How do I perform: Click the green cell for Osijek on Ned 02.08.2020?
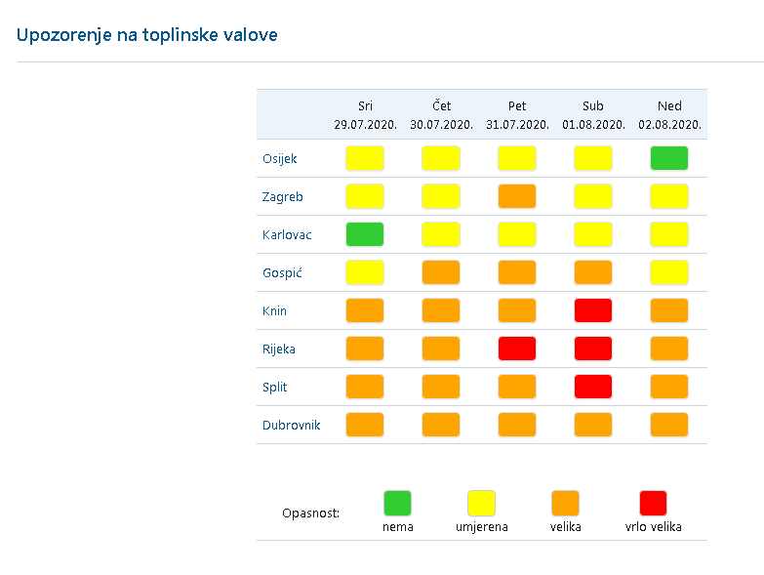(669, 158)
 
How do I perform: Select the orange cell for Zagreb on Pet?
(517, 196)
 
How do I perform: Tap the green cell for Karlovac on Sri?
(365, 234)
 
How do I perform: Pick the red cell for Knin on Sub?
(593, 310)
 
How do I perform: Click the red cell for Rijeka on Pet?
(517, 349)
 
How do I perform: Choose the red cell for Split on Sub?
(593, 387)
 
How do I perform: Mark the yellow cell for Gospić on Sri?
(365, 272)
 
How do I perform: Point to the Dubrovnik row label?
(292, 425)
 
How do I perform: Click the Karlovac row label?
(287, 235)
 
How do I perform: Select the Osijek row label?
(280, 159)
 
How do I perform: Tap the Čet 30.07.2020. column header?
(441, 115)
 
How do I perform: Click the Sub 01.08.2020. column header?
(593, 115)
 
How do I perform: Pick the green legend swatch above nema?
(397, 503)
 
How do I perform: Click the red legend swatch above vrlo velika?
(653, 503)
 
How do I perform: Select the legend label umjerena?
(482, 527)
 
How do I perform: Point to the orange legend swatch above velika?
(565, 503)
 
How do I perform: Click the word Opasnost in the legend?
(310, 513)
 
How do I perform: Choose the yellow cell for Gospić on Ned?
(669, 272)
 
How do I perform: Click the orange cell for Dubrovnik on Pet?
(517, 425)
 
